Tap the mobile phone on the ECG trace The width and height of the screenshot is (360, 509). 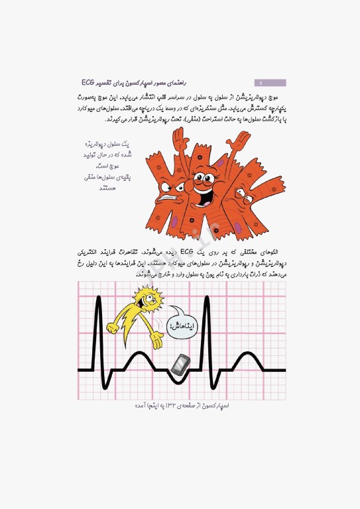tap(181, 364)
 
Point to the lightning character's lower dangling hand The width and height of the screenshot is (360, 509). tap(156, 342)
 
